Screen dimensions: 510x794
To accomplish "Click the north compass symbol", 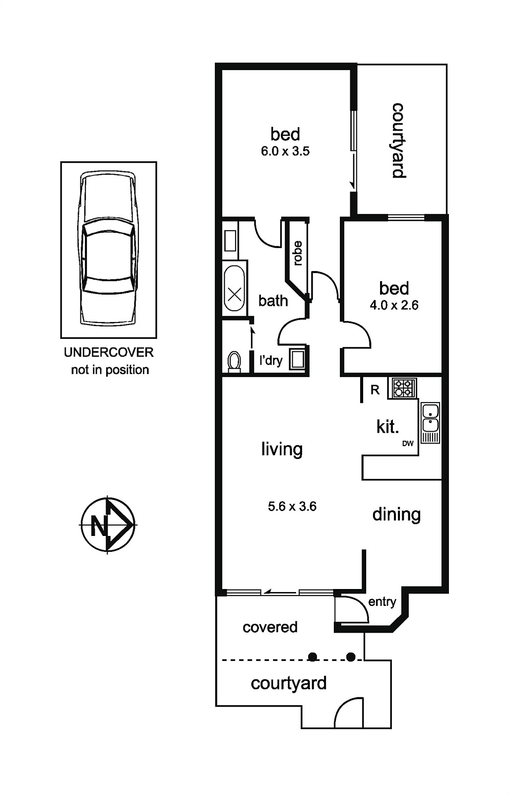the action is click(x=108, y=524).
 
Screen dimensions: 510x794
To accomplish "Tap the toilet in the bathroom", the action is click(x=234, y=362).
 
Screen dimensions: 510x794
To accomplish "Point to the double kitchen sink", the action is click(x=430, y=422).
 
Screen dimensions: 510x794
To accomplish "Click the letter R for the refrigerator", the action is click(x=375, y=390).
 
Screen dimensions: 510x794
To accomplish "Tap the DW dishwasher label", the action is click(x=408, y=444).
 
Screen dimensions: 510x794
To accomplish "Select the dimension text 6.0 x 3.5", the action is click(x=285, y=151).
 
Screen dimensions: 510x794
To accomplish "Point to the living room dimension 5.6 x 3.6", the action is click(x=292, y=506).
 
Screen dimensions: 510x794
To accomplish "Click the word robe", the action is click(x=298, y=253).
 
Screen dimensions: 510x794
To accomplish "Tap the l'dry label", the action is click(x=271, y=361).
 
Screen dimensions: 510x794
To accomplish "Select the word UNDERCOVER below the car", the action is click(x=109, y=352).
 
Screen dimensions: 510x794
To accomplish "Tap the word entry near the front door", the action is click(x=382, y=602).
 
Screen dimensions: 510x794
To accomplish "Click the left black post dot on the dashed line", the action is click(x=312, y=657).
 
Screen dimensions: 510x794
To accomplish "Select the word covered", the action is click(x=270, y=627).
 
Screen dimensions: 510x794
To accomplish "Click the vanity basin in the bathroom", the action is click(x=230, y=241).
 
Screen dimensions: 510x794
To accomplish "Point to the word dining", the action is click(x=396, y=515).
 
